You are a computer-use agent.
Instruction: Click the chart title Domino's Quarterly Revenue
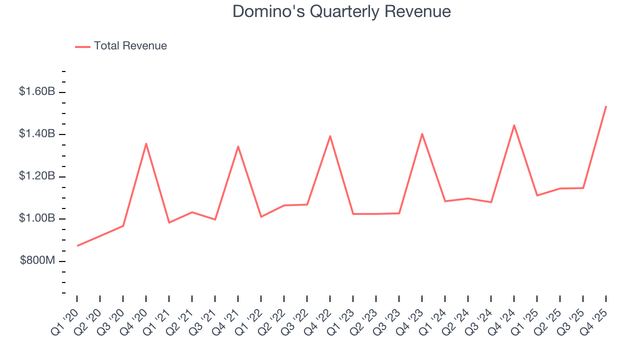coord(341,11)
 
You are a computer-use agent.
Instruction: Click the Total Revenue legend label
coord(130,46)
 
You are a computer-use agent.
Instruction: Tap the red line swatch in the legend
coord(82,46)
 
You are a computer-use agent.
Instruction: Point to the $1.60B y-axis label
coord(36,92)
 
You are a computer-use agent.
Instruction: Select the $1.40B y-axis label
coord(36,134)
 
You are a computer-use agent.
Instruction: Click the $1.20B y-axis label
coord(36,176)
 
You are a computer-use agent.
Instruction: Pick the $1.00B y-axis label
coord(36,219)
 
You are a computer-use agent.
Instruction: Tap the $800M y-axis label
coord(37,261)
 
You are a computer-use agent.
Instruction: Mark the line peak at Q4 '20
coord(146,143)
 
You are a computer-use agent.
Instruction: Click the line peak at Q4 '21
coord(238,146)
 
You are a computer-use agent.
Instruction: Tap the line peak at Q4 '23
coord(422,133)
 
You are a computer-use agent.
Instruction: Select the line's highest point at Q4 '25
coord(606,106)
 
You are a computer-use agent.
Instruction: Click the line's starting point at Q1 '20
coord(77,245)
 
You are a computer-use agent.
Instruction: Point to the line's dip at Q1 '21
coord(169,222)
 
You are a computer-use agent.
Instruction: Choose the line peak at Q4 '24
coord(514,125)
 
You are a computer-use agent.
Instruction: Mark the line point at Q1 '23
coord(353,214)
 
